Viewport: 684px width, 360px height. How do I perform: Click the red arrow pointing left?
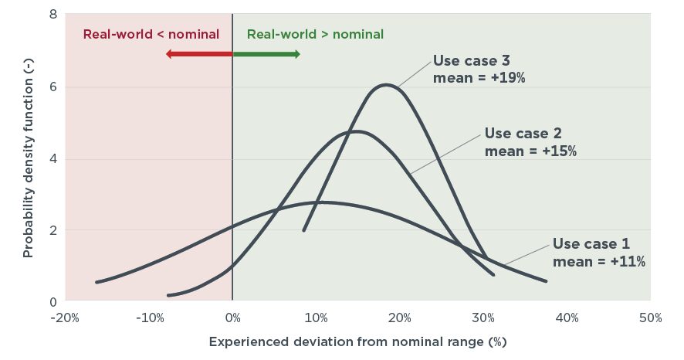(x=199, y=54)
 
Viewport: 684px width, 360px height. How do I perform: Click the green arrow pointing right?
(x=266, y=54)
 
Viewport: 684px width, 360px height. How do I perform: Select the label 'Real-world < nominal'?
(x=151, y=35)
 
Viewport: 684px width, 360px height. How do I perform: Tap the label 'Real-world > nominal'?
(x=315, y=35)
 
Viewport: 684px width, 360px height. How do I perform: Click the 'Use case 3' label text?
(x=471, y=61)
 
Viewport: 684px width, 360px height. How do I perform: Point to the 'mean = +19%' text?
(x=479, y=78)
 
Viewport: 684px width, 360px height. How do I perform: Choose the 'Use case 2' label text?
(x=523, y=133)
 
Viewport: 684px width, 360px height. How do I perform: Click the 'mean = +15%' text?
(x=530, y=151)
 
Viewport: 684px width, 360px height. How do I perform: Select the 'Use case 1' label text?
(x=591, y=243)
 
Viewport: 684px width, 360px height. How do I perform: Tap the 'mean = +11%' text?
(x=599, y=261)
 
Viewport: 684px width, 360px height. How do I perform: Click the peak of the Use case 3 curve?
(x=386, y=85)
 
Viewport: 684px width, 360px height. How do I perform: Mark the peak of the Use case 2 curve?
(x=357, y=131)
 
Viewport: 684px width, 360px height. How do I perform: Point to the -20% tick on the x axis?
(x=65, y=318)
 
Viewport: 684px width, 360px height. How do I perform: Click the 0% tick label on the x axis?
(x=233, y=318)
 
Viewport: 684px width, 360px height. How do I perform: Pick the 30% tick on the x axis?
(x=483, y=318)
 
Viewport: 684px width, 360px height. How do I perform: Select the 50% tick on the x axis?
(x=651, y=318)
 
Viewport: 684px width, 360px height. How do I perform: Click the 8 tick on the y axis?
(x=53, y=15)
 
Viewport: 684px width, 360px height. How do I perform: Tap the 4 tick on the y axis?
(x=53, y=158)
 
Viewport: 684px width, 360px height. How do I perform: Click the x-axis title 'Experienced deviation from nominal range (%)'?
(x=357, y=341)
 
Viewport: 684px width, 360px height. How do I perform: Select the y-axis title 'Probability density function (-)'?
(x=28, y=158)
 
